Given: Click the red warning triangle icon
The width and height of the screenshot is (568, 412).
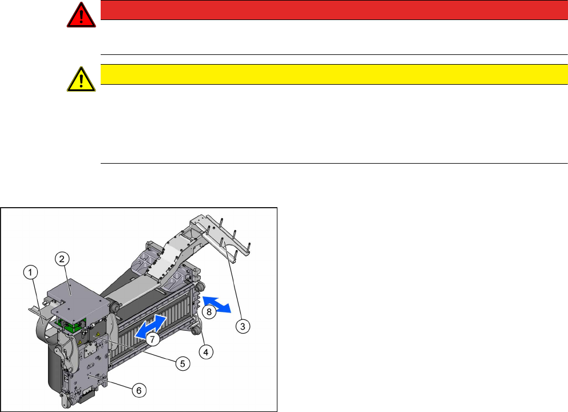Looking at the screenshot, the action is click(x=81, y=15).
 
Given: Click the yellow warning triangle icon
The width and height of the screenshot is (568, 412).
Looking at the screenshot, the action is click(x=81, y=80).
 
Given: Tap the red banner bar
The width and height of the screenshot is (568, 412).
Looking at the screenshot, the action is click(x=334, y=10).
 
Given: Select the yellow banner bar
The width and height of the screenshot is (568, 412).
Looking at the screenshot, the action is click(x=334, y=74).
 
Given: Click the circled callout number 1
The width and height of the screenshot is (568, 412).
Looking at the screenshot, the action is click(x=31, y=272).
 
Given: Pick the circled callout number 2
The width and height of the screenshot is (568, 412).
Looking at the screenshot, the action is click(x=62, y=259).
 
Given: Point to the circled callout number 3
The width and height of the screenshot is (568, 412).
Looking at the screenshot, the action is click(x=243, y=326).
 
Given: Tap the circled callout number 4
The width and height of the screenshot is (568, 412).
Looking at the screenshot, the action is click(x=206, y=351).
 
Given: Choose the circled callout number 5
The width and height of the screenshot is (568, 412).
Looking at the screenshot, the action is click(x=182, y=363).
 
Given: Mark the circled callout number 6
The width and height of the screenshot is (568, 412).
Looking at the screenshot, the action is click(x=139, y=390).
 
